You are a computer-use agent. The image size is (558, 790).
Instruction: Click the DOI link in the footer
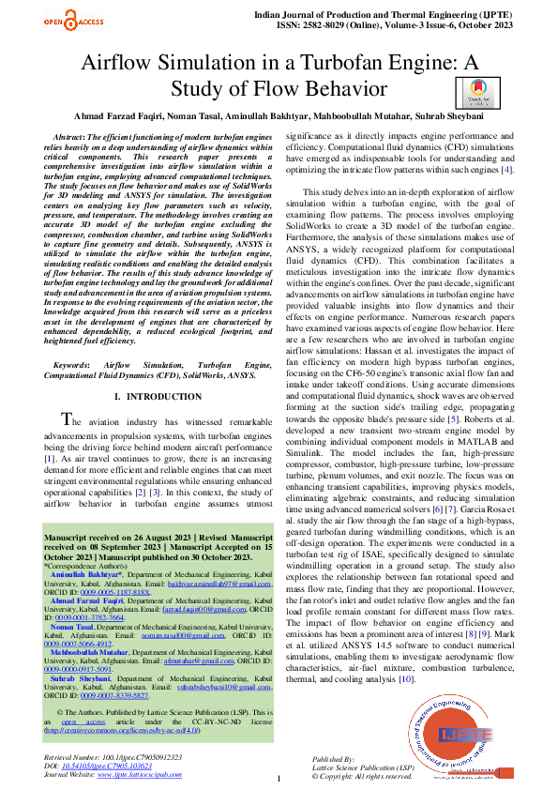pyautogui.click(x=103, y=766)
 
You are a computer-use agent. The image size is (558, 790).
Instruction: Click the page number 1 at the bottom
pyautogui.click(x=279, y=779)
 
